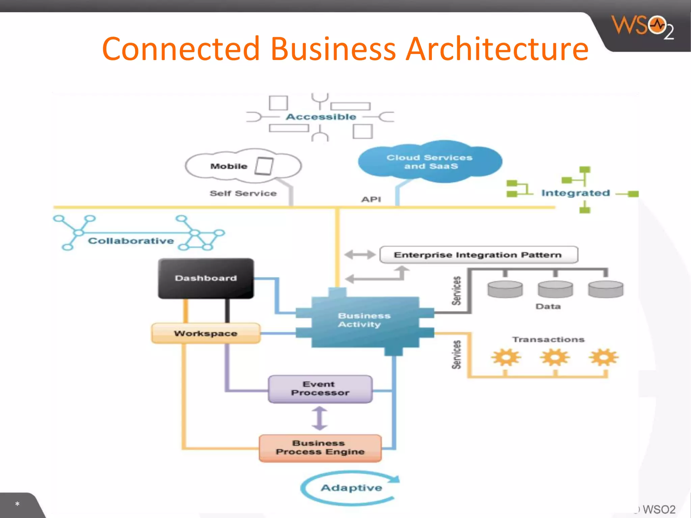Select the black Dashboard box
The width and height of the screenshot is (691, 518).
[x=206, y=278]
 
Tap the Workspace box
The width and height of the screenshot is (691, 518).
[x=206, y=333]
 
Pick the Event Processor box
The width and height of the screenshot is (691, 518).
[x=320, y=389]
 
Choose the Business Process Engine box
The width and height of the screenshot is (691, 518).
[x=320, y=448]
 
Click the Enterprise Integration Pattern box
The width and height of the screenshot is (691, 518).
[x=478, y=255]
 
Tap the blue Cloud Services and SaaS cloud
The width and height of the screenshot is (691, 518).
[x=430, y=162]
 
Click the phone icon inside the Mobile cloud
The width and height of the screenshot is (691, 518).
[x=264, y=166]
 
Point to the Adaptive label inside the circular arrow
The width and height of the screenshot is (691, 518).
[x=351, y=488]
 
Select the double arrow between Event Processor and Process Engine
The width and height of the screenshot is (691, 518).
[x=320, y=419]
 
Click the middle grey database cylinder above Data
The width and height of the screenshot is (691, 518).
[x=555, y=289]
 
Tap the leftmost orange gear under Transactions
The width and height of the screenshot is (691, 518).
[x=506, y=357]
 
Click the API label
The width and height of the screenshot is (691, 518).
[x=371, y=199]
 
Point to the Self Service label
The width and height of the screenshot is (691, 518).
[x=243, y=193]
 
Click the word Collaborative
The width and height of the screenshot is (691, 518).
[x=131, y=241]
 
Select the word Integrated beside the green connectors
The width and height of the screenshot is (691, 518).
[x=575, y=193]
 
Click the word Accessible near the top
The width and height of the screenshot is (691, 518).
[x=321, y=117]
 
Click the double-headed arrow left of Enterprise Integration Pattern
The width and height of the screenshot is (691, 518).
[x=360, y=254]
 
